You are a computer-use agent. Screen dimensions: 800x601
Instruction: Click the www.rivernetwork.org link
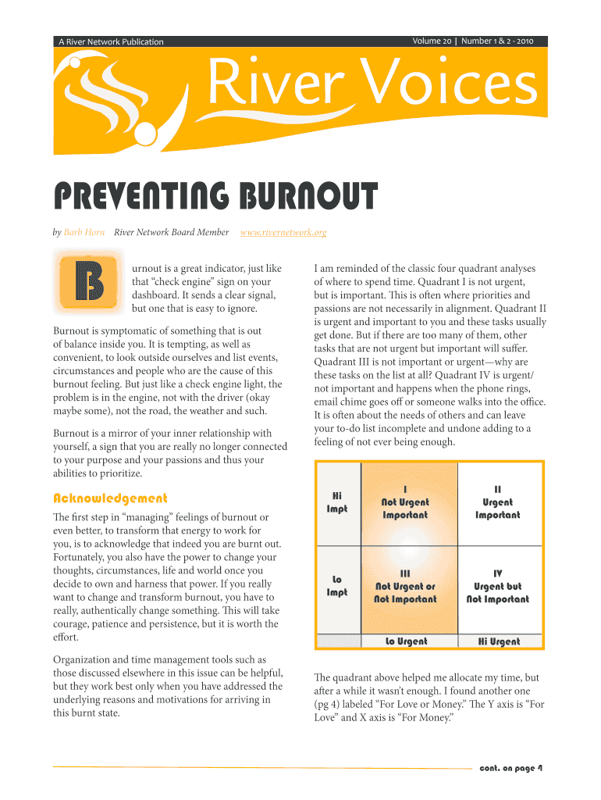click(x=283, y=232)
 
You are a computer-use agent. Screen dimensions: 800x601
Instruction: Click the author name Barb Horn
click(x=84, y=232)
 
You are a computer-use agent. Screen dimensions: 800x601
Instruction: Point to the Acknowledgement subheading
click(x=109, y=498)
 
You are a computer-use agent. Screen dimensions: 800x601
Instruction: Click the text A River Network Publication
click(x=111, y=42)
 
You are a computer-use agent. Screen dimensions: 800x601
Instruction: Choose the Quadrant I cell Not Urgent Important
click(x=405, y=502)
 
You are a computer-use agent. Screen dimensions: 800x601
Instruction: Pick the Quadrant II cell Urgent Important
click(x=497, y=502)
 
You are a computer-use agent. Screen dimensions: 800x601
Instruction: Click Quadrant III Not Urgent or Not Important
click(x=405, y=586)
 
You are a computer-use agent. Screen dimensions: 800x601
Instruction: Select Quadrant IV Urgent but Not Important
click(x=497, y=586)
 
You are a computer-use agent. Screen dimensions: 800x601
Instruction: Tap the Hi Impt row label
click(x=337, y=502)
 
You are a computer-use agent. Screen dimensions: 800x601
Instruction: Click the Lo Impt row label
click(x=337, y=586)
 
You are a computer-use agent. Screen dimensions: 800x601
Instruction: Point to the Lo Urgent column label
click(x=407, y=641)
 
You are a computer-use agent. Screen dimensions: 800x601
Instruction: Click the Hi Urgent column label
click(x=499, y=641)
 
